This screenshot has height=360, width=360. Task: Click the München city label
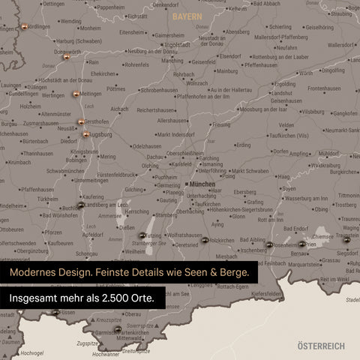[x=202, y=184]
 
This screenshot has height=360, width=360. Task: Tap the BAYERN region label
[x=187, y=16]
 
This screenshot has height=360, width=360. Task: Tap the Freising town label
[x=221, y=124]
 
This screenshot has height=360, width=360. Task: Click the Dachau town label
[x=155, y=157]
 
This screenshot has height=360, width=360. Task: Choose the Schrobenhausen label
[x=159, y=88]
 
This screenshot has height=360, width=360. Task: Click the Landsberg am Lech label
[x=107, y=204]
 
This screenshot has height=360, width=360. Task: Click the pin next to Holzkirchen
[x=205, y=240]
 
